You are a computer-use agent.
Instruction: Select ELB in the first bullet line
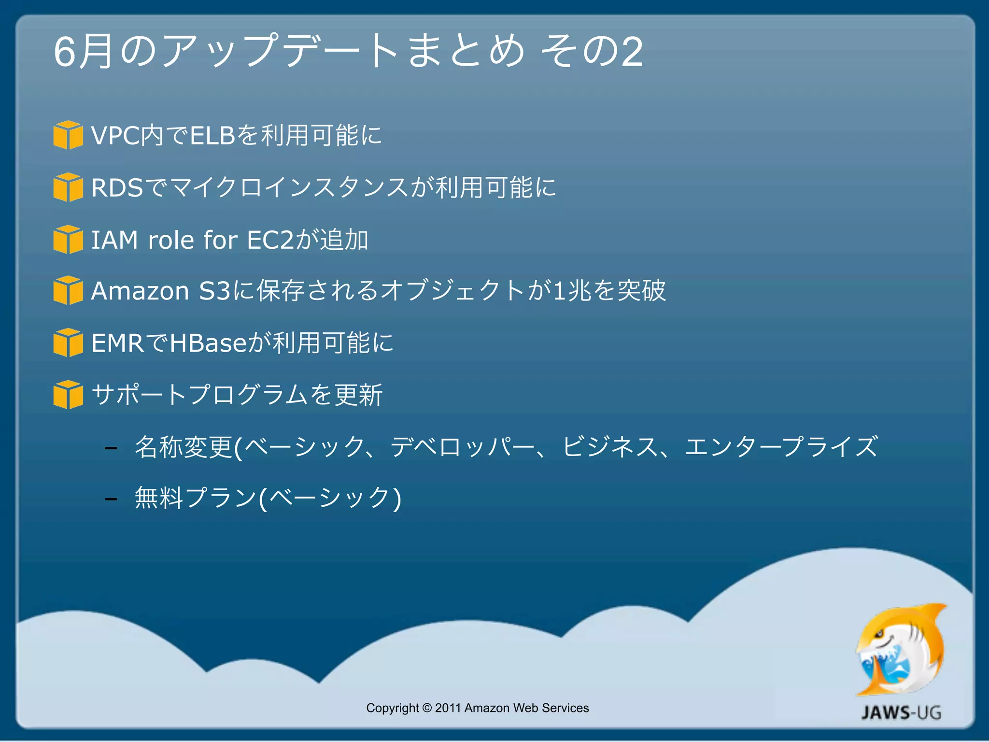(x=212, y=135)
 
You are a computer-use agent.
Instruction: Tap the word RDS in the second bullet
(x=117, y=187)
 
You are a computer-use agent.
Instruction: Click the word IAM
(x=114, y=240)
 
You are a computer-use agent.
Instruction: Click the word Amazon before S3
(x=140, y=291)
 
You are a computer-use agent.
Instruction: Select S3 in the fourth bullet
(x=214, y=291)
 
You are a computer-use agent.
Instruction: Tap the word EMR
(x=117, y=343)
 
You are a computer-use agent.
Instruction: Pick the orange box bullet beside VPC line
(x=68, y=135)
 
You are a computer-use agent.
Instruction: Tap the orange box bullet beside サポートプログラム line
(x=68, y=395)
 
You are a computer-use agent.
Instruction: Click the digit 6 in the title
(x=65, y=52)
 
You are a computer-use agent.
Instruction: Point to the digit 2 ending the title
(x=632, y=52)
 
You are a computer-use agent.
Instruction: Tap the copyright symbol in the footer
(x=427, y=708)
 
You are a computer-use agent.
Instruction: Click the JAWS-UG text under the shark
(x=901, y=713)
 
